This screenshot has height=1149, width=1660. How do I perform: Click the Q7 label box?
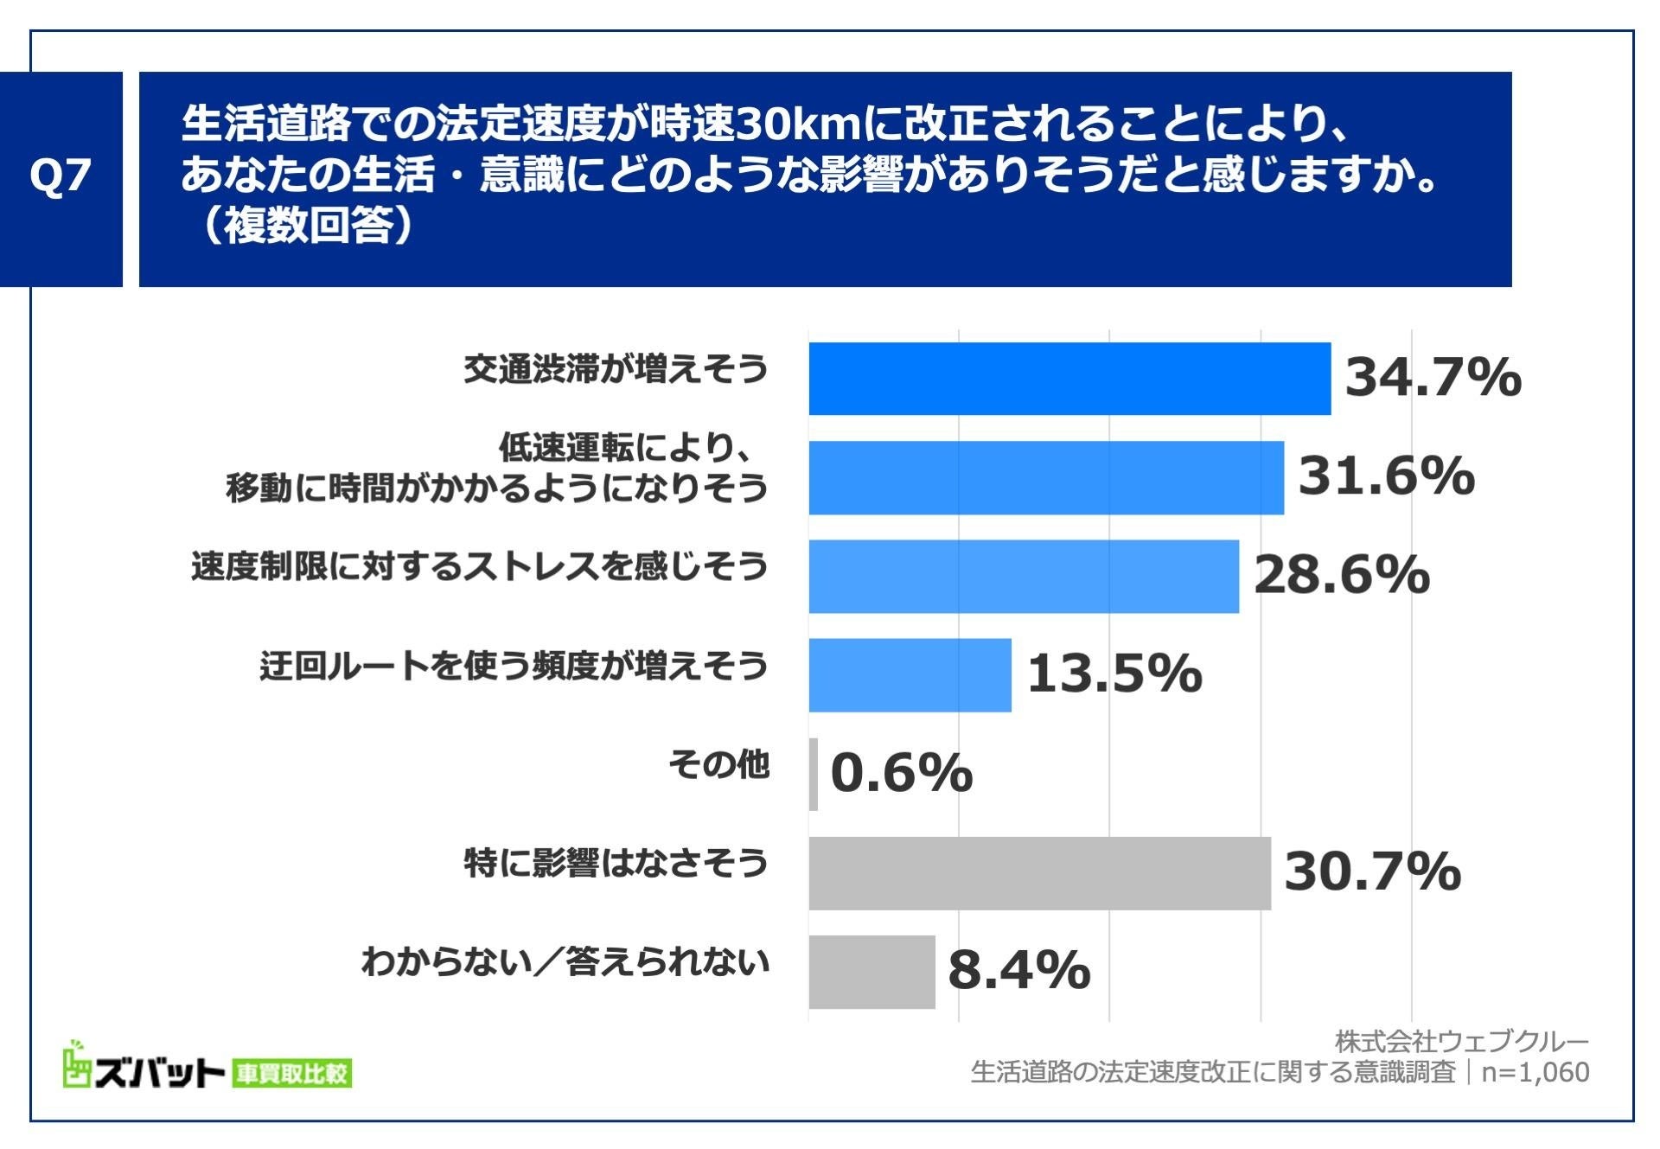coord(61,178)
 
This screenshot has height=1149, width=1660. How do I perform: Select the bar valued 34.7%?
coord(1069,379)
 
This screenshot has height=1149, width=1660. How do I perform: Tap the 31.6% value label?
coord(1386,476)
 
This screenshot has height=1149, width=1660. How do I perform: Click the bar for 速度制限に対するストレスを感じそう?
coord(1024,577)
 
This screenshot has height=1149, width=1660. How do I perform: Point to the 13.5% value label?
coord(1114,674)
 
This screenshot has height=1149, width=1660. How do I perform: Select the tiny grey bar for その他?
coord(814,774)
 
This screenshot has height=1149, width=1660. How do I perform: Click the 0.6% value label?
coord(901,773)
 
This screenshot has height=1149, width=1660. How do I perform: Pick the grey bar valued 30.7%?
coord(1039,873)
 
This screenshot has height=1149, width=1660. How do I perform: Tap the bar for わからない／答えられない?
coord(871,972)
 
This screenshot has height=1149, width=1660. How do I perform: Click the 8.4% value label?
coord(1018,971)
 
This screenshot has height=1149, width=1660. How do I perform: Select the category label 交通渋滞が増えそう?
coord(616,370)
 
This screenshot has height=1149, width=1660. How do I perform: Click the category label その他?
coord(718,765)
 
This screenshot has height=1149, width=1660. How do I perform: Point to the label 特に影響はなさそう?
coord(616,864)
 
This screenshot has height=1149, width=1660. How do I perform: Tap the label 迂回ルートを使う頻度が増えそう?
coord(514,667)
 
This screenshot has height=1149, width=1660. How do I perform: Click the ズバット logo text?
coord(159,1073)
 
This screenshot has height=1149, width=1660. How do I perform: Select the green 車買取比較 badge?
coord(291,1074)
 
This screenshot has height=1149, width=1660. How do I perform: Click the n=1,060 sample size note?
coord(1535,1072)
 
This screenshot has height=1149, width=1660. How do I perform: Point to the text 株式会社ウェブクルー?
coord(1461,1041)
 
